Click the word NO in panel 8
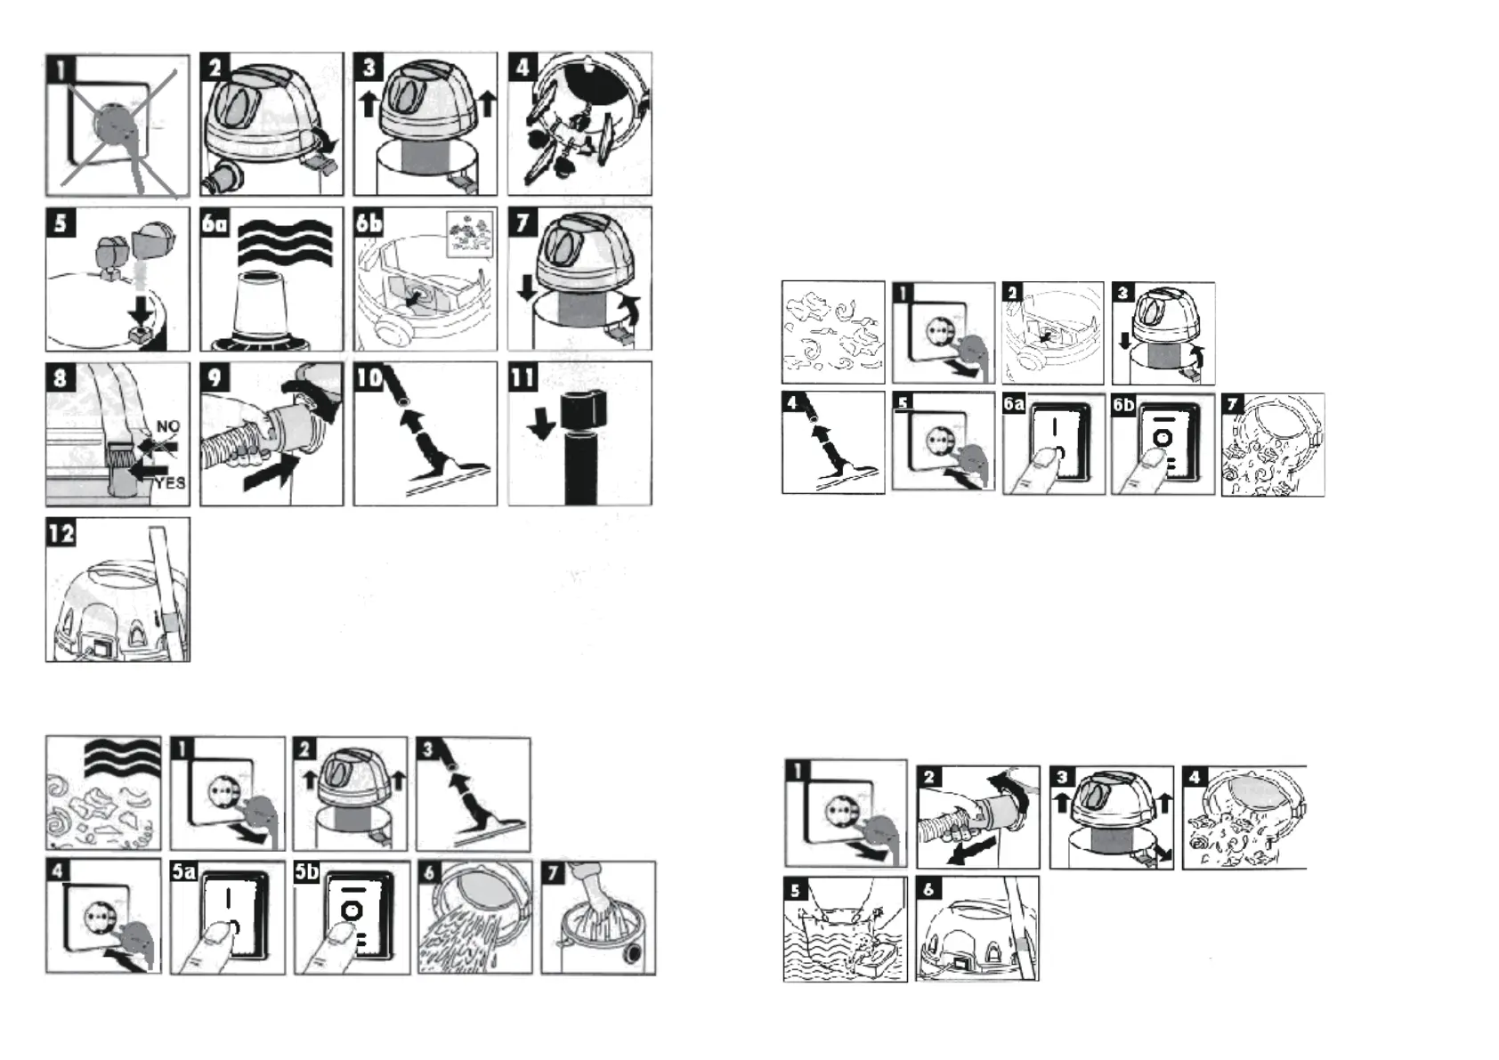pos(167,426)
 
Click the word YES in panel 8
pos(169,482)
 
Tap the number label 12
pos(61,533)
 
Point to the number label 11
pos(523,377)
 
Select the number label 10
pos(369,377)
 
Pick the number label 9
pos(215,377)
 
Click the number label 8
pos(60,377)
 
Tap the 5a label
pos(183,871)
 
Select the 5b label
pos(307,871)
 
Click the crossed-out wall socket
pos(116,125)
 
